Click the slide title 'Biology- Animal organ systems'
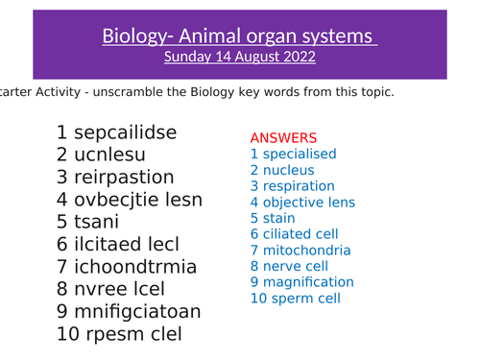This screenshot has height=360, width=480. click(239, 36)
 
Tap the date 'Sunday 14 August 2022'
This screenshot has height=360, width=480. click(239, 57)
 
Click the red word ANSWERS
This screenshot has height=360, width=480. click(283, 138)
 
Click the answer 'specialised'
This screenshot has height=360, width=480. click(299, 154)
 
